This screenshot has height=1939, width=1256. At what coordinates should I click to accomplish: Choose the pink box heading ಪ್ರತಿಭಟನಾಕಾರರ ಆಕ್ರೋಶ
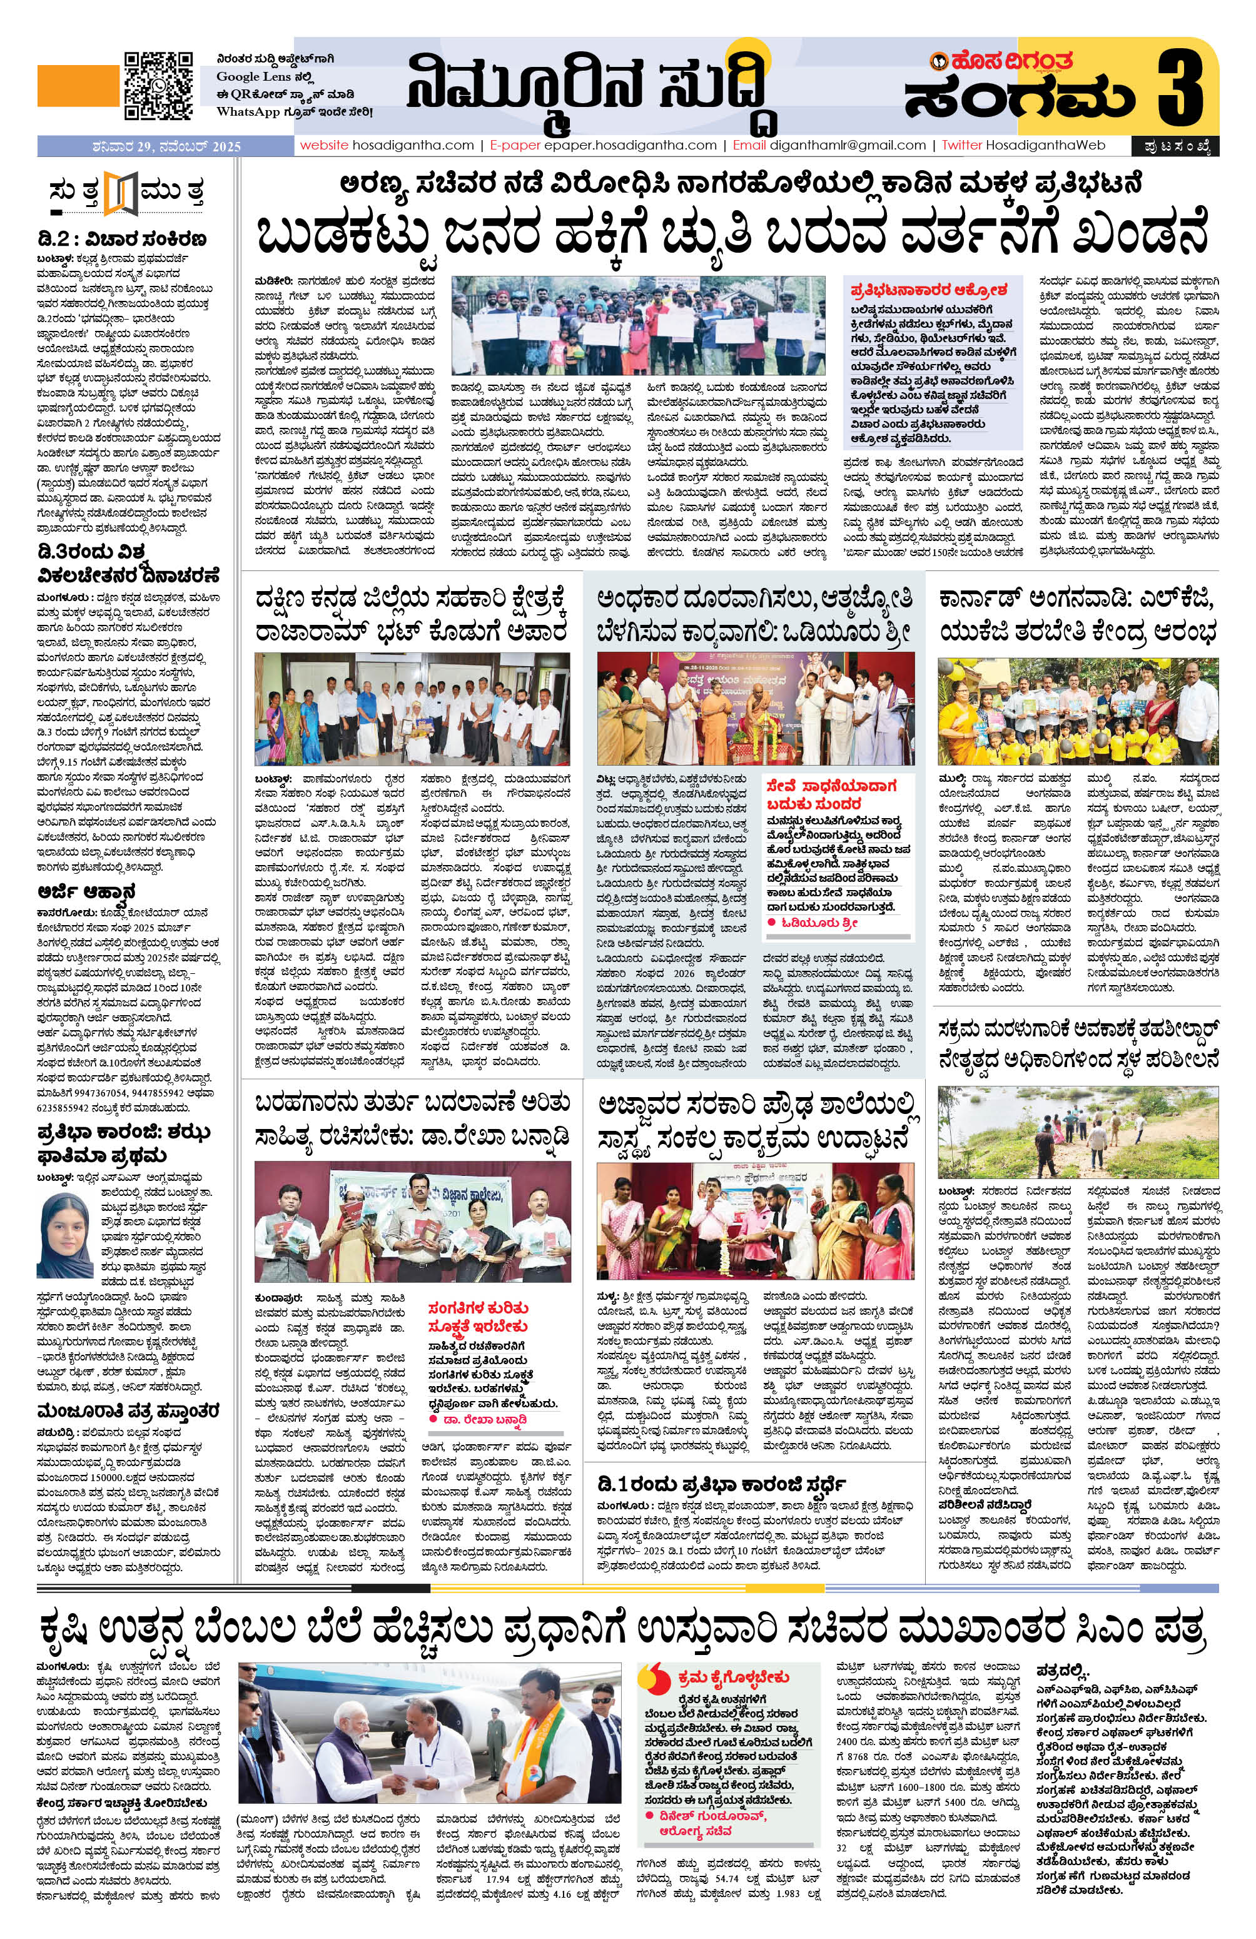coord(929,288)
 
